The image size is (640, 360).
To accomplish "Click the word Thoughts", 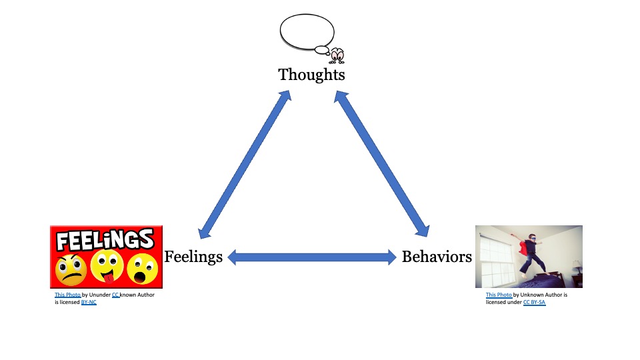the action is pyautogui.click(x=311, y=75).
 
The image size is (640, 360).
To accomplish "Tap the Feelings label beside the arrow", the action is pyautogui.click(x=193, y=257).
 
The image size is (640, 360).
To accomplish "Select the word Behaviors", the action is pyautogui.click(x=437, y=257).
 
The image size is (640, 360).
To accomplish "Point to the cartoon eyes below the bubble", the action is pyautogui.click(x=337, y=56).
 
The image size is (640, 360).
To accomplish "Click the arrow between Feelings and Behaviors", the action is pyautogui.click(x=312, y=257).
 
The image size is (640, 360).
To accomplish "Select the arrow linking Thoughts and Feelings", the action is pyautogui.click(x=245, y=165).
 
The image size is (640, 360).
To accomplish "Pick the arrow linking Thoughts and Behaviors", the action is pyautogui.click(x=381, y=164).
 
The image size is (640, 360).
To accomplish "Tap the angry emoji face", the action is pyautogui.click(x=71, y=270).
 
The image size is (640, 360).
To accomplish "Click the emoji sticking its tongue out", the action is pyautogui.click(x=107, y=266).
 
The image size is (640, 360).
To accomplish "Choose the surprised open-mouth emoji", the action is pyautogui.click(x=143, y=268).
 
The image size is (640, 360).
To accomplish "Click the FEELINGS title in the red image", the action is pyautogui.click(x=105, y=239).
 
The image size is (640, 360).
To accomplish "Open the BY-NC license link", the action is pyautogui.click(x=89, y=303).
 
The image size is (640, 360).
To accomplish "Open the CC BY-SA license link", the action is pyautogui.click(x=534, y=303).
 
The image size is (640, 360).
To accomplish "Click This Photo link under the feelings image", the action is pyautogui.click(x=68, y=295).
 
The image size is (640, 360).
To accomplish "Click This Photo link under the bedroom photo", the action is pyautogui.click(x=499, y=295).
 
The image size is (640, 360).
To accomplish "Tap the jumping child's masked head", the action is pyautogui.click(x=532, y=237).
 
